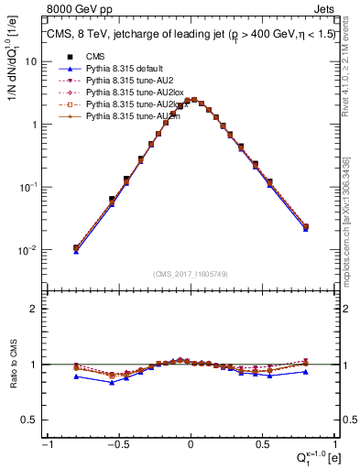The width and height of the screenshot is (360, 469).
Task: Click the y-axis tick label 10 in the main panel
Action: coord(31,61)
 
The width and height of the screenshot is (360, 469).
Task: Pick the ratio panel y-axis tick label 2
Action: coord(35,309)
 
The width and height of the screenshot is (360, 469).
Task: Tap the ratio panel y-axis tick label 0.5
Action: coord(29,420)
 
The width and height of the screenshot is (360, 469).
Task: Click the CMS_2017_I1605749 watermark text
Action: coord(191,273)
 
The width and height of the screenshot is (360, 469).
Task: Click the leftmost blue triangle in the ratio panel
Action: coord(76,376)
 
